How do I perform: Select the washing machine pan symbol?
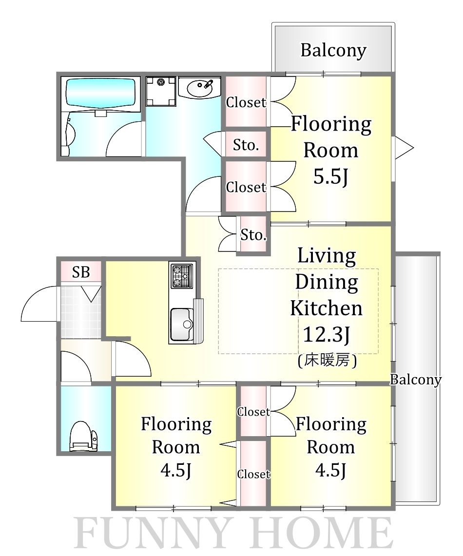(161, 91)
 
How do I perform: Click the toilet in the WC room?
(83, 436)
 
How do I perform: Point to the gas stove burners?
(182, 276)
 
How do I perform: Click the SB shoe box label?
(81, 272)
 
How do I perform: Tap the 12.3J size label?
(327, 334)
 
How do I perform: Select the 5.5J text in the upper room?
(330, 176)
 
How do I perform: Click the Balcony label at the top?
(333, 50)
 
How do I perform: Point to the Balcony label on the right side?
(416, 380)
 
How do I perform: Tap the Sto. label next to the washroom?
(246, 145)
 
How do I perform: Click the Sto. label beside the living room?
(253, 235)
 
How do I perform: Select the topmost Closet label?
(246, 102)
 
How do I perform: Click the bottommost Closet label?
(254, 474)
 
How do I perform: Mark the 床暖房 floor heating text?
(327, 361)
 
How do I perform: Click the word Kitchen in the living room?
(327, 308)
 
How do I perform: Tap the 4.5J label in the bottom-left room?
(176, 471)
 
